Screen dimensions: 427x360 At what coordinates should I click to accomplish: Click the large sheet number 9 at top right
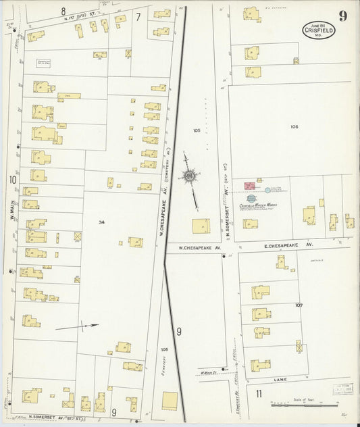[x=343, y=16]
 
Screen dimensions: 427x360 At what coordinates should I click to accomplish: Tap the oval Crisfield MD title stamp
[x=318, y=29]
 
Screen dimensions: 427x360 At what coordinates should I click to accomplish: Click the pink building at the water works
[x=248, y=184]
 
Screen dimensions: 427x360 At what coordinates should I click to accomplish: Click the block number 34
[x=101, y=222]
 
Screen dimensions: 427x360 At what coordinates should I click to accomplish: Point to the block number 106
[x=294, y=126]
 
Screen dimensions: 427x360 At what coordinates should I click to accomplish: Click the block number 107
[x=299, y=305]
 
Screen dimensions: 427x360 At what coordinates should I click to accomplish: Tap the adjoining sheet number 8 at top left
[x=63, y=10]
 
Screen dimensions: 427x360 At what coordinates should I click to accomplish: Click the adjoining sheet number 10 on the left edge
[x=12, y=179]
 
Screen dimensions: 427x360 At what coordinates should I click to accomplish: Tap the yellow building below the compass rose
[x=201, y=226]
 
